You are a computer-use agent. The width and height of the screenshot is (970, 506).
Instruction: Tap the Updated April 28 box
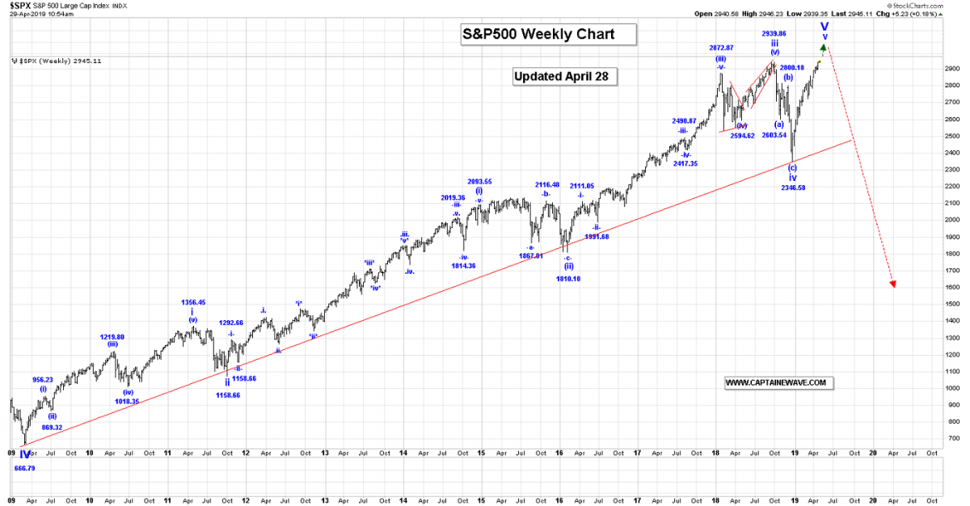[565, 76]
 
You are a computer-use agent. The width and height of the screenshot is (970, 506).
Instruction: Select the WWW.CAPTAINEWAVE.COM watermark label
[775, 382]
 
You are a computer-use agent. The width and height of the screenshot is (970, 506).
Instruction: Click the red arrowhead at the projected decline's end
[893, 283]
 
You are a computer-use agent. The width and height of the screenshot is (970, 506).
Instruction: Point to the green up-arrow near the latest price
[823, 52]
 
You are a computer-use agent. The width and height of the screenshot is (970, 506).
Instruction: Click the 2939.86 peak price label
[774, 34]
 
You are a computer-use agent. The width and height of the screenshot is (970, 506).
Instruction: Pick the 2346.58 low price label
[793, 188]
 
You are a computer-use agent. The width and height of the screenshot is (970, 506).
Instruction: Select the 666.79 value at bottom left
[26, 467]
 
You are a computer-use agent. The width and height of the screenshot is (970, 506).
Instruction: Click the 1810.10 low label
[568, 278]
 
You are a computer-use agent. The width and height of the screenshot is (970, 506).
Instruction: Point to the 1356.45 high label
[192, 302]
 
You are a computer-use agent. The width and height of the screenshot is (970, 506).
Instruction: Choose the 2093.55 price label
[479, 181]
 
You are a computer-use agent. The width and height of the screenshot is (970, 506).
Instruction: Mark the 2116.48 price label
[547, 184]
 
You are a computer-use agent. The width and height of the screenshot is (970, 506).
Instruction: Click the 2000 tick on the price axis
[952, 220]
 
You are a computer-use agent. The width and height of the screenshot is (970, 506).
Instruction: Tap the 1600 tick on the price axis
[952, 287]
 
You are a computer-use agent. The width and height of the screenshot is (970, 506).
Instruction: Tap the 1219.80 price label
[112, 336]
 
